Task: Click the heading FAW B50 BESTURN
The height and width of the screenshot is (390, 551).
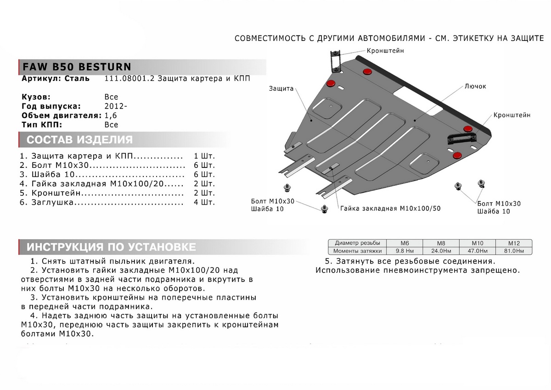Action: (x=76, y=66)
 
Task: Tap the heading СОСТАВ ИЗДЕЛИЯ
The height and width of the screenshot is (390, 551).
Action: (x=79, y=140)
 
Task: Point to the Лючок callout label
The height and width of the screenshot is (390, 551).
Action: (x=475, y=86)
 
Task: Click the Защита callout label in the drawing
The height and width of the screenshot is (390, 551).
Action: (x=281, y=89)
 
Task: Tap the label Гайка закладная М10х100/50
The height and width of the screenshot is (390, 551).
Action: (x=390, y=208)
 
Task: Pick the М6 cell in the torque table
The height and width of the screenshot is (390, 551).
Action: (x=404, y=243)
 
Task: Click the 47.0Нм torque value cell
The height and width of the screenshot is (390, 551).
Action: (x=477, y=251)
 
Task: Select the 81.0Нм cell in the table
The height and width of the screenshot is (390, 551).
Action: (x=513, y=251)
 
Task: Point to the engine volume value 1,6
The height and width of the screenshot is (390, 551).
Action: (x=111, y=115)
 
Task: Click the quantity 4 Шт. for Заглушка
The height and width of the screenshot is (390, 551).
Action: (x=204, y=202)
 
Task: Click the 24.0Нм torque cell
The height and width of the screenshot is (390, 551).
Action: (x=440, y=251)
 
